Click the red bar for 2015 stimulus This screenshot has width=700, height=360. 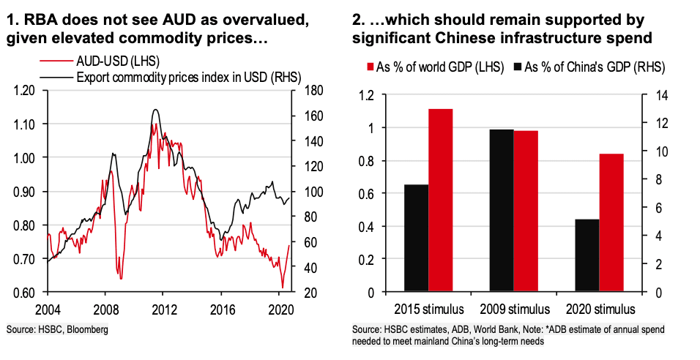click(x=441, y=200)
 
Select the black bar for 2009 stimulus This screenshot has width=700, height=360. click(x=502, y=211)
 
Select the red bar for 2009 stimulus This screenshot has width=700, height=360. click(x=526, y=211)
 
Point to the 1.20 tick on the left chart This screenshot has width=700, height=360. click(x=25, y=91)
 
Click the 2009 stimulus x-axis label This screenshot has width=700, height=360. click(x=513, y=307)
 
